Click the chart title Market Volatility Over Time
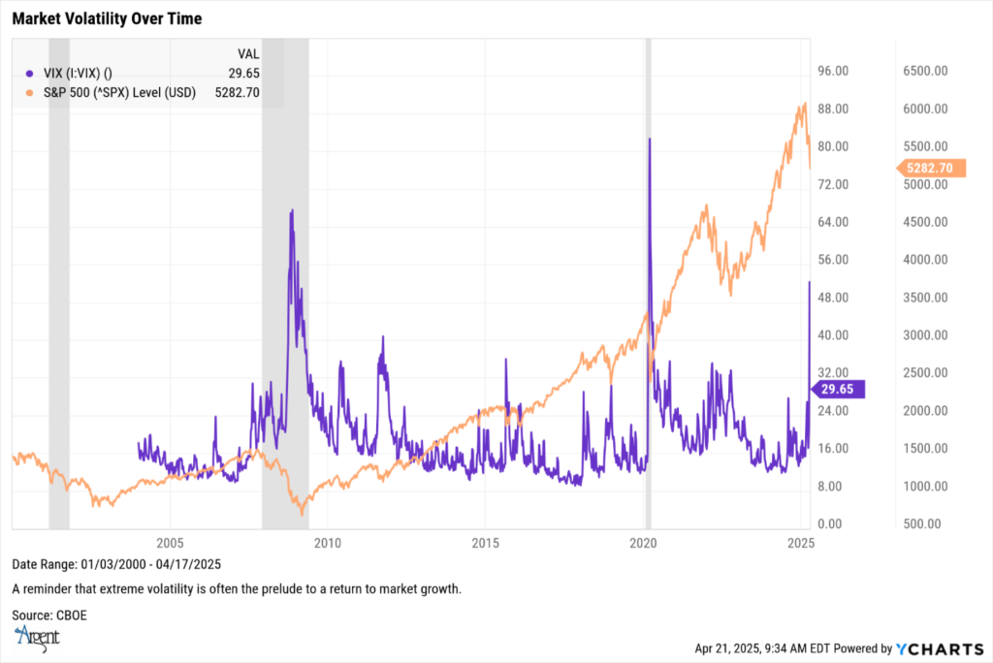tap(107, 18)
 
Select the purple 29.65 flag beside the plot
tap(836, 389)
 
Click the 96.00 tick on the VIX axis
tap(834, 71)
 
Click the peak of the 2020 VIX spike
tap(649, 139)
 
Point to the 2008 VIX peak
tap(291, 209)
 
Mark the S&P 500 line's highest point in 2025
tap(804, 104)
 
